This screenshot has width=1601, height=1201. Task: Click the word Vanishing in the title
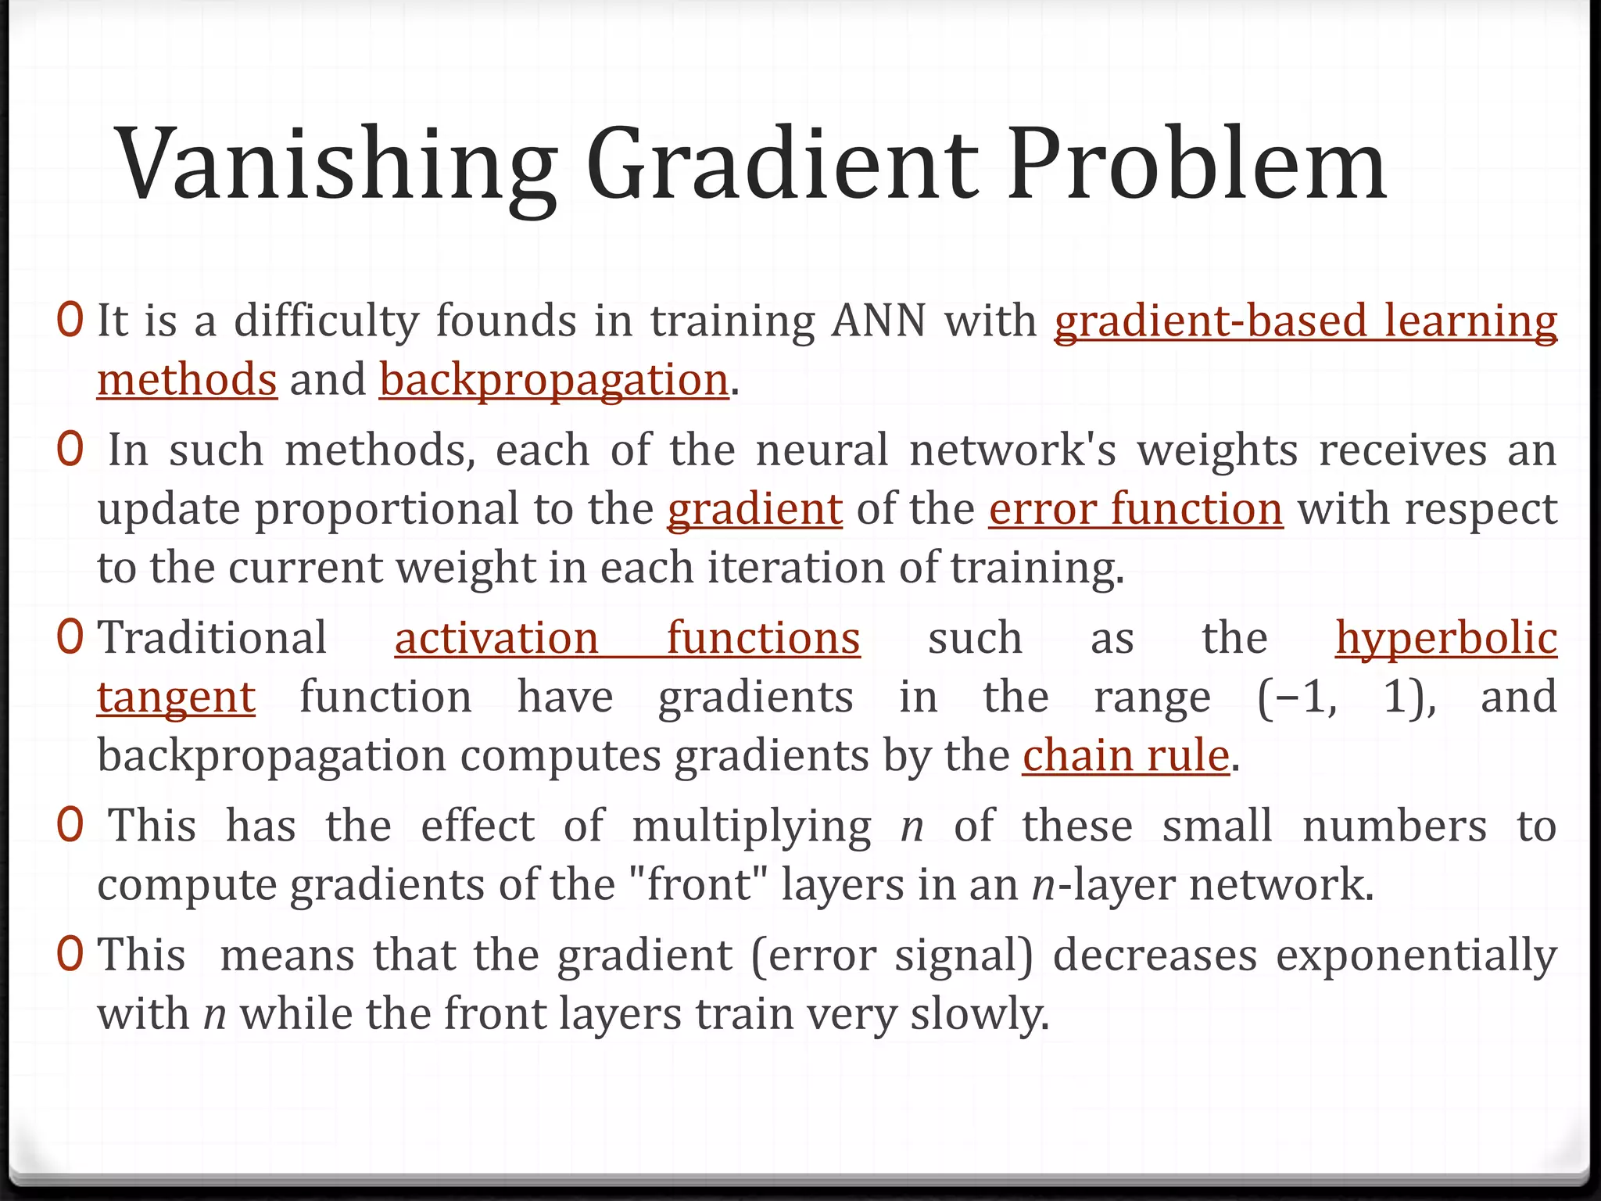coord(336,166)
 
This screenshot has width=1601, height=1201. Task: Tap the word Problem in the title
coord(1196,166)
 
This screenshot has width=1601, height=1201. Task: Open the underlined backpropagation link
coord(554,380)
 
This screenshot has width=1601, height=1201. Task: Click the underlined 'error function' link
coord(1135,509)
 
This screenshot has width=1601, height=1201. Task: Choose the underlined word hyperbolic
coord(1445,638)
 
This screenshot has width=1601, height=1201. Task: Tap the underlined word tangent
coord(176,697)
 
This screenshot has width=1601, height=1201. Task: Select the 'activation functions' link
coord(627,638)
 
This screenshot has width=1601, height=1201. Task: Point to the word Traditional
coord(212,638)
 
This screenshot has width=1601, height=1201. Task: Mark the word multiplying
coord(751,826)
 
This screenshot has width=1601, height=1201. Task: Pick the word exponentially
coord(1416,955)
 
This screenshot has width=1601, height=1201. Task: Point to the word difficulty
coord(326,321)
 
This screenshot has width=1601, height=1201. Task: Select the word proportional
coord(386,509)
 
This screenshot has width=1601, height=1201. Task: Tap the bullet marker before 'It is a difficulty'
coord(70,321)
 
